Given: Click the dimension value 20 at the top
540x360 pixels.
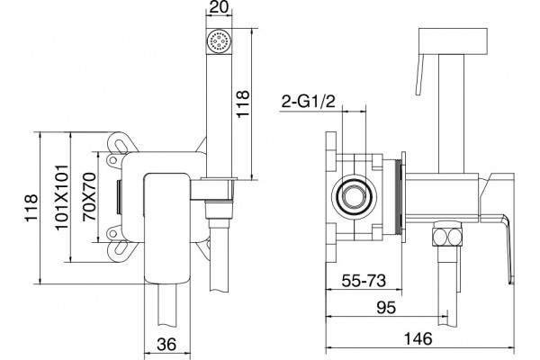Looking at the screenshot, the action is coord(219,6).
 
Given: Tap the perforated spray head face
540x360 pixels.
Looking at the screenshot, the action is coord(219,40).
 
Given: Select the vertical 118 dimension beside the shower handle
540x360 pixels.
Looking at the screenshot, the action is coord(242,103).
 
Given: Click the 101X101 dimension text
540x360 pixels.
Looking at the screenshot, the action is coord(62,197).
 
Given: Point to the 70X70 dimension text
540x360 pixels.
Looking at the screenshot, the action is coord(89,197).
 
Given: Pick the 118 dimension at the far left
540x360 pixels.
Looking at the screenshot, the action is coord(31,208).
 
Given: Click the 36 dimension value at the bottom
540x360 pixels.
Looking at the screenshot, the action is coord(166,344).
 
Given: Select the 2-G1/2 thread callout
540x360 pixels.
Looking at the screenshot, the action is coord(308,102).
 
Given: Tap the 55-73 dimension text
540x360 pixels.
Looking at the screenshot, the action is coord(364,282).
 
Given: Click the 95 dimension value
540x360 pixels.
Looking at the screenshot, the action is coord(386,308).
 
